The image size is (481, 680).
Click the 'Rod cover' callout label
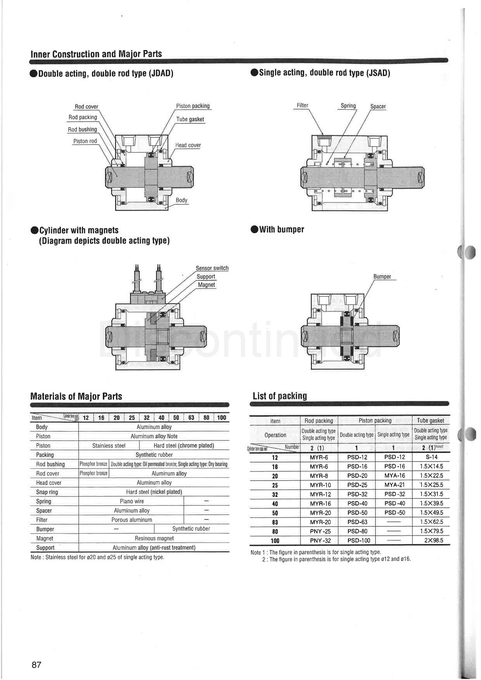[86, 107]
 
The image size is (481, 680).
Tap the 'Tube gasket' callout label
[190, 119]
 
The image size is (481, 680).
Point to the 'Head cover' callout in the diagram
[188, 145]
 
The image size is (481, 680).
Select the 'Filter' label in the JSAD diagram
[302, 106]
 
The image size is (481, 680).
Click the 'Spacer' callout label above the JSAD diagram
[378, 107]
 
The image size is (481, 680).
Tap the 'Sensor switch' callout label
[212, 268]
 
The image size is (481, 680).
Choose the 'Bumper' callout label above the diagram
[382, 277]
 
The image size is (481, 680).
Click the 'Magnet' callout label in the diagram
[206, 285]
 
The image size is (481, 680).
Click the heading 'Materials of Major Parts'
[76, 396]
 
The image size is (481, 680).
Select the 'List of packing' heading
[279, 396]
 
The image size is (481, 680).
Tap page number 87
[36, 665]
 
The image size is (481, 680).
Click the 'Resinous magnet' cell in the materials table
[154, 538]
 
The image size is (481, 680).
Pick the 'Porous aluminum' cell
[131, 520]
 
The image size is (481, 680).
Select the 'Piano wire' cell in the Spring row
[131, 501]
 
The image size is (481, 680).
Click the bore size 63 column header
[191, 418]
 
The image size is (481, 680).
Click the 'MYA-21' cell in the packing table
[394, 485]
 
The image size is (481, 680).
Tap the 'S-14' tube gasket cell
[431, 457]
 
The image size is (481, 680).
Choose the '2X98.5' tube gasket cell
[433, 540]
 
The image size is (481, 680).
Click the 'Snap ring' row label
[47, 492]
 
